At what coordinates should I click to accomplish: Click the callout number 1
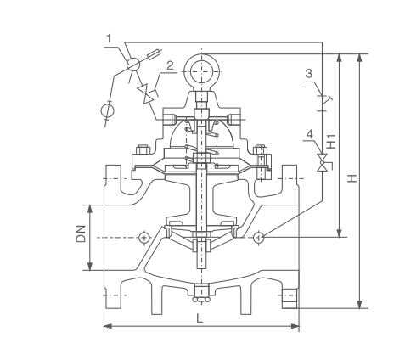pyautogui.click(x=109, y=38)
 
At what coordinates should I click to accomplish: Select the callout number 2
pyautogui.click(x=170, y=65)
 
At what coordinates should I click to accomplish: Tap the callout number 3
pyautogui.click(x=308, y=74)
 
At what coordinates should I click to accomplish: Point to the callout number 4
pyautogui.click(x=310, y=134)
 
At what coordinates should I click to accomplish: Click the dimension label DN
pyautogui.click(x=81, y=233)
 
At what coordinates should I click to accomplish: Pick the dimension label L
pyautogui.click(x=200, y=318)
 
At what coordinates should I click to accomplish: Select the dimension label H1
pyautogui.click(x=331, y=141)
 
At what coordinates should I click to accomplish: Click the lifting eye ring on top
pyautogui.click(x=202, y=71)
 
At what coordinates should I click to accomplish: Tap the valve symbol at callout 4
pyautogui.click(x=322, y=162)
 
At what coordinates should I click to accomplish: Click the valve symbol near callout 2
pyautogui.click(x=147, y=94)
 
